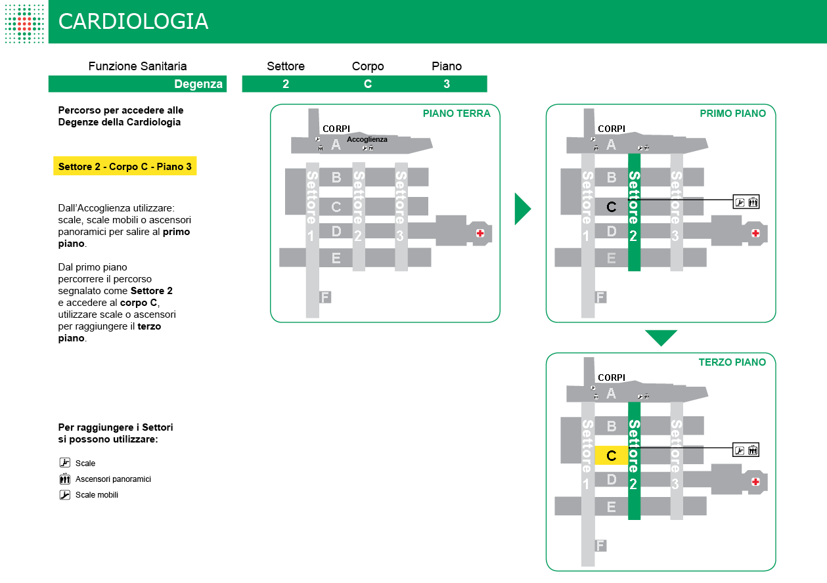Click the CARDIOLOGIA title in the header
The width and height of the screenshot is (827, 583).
pyautogui.click(x=133, y=22)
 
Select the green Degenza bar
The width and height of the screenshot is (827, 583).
pyautogui.click(x=137, y=84)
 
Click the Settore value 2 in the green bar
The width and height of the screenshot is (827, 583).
pyautogui.click(x=286, y=84)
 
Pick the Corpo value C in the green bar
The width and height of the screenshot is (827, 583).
pyautogui.click(x=368, y=84)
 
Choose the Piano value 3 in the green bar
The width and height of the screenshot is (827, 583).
pyautogui.click(x=447, y=84)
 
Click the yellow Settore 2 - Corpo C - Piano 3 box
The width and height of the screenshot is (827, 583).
pyautogui.click(x=125, y=167)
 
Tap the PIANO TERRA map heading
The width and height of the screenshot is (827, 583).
pyautogui.click(x=457, y=114)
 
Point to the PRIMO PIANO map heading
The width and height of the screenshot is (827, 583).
pyautogui.click(x=732, y=114)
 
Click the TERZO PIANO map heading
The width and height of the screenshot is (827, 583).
pyautogui.click(x=732, y=362)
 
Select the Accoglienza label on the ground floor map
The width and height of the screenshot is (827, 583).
pyautogui.click(x=367, y=139)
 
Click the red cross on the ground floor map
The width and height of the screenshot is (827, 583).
pyautogui.click(x=480, y=233)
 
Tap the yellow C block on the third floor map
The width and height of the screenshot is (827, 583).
pyautogui.click(x=611, y=455)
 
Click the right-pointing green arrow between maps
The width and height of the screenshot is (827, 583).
pyautogui.click(x=522, y=209)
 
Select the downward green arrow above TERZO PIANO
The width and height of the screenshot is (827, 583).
pyautogui.click(x=661, y=337)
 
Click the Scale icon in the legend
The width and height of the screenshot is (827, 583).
pyautogui.click(x=64, y=463)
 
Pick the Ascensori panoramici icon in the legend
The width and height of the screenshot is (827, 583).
pyautogui.click(x=64, y=479)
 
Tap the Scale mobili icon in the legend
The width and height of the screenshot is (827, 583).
pyautogui.click(x=64, y=495)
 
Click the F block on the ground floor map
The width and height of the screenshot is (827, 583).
pyautogui.click(x=325, y=297)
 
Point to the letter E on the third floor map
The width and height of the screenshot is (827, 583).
pyautogui.click(x=611, y=507)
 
